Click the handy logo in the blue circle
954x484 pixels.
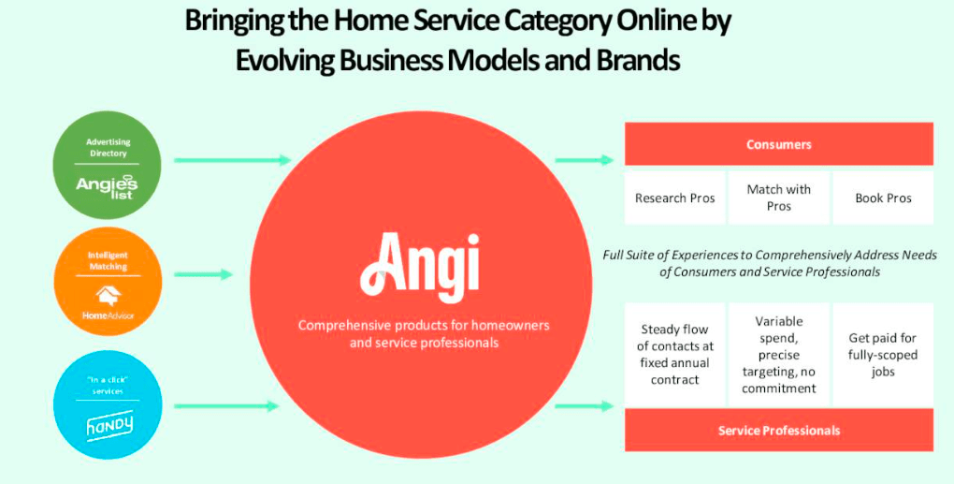(109, 427)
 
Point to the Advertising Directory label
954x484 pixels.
(109, 147)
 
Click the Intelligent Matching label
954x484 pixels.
(109, 260)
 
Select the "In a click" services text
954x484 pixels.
(108, 385)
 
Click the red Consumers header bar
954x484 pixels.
(778, 144)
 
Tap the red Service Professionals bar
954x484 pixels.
(778, 431)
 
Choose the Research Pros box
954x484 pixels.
(674, 198)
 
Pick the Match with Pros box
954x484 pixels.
(778, 198)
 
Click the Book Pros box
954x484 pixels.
(883, 198)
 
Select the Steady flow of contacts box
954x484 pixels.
(674, 354)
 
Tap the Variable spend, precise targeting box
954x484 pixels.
(778, 354)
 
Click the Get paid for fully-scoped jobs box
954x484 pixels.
(883, 354)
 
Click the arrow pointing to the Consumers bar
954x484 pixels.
(584, 160)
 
